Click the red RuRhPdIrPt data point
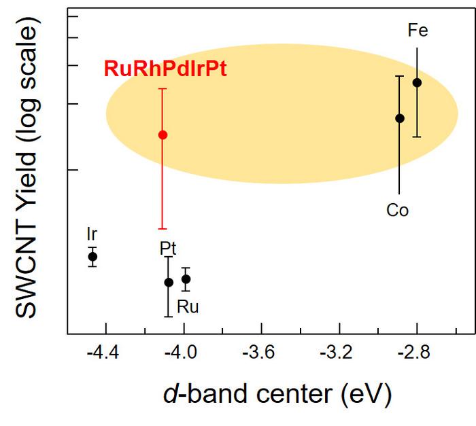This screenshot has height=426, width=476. coord(163,135)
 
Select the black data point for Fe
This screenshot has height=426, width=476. coord(417,83)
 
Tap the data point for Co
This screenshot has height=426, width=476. coord(400,118)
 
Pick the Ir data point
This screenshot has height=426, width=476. coord(93,256)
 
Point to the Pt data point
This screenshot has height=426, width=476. coord(169,282)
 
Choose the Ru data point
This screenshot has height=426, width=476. coord(186,279)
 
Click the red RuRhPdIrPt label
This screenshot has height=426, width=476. coord(165,69)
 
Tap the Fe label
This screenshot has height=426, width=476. coord(418,31)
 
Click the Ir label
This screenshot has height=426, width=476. coord(92,234)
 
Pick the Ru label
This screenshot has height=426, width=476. coord(188,307)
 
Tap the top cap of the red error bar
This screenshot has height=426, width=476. coord(163,88)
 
